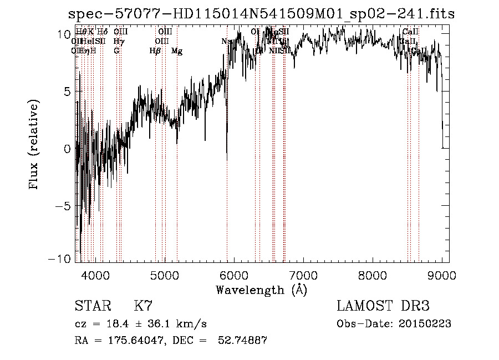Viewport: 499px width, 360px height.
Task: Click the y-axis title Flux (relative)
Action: pos(34,145)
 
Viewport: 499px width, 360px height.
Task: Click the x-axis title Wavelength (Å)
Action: pos(261,290)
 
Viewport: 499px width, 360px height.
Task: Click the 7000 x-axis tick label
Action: pos(303,275)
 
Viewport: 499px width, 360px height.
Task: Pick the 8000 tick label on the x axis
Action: pos(372,275)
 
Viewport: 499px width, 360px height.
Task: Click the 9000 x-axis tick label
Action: pos(441,275)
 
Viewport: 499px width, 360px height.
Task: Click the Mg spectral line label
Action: pos(177,51)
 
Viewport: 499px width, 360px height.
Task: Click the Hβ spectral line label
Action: pos(155,51)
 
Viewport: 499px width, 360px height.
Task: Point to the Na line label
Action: pos(226,42)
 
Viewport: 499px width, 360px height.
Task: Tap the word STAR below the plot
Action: pos(92,306)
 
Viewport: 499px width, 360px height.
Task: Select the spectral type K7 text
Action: pos(143,306)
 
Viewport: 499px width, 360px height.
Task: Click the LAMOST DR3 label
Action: pos(383,306)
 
